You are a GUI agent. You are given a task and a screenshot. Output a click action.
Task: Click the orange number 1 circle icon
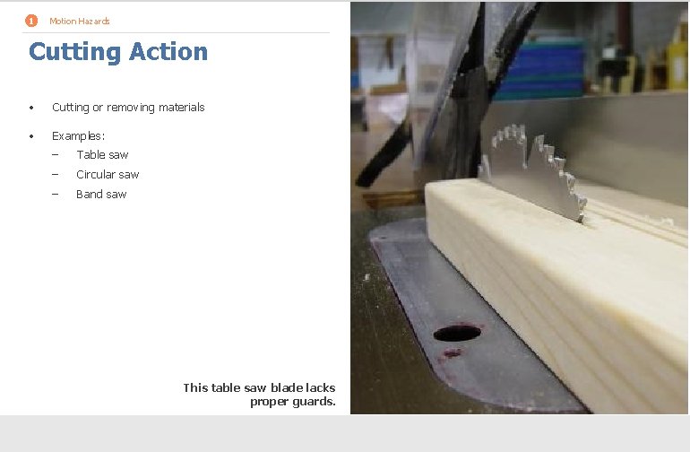(x=31, y=21)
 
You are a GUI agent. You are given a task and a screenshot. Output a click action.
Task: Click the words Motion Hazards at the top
(x=80, y=21)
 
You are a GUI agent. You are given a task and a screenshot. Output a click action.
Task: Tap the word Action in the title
(x=168, y=52)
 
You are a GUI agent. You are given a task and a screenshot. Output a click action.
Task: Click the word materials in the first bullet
(x=182, y=108)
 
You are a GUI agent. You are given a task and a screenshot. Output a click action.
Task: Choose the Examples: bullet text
(x=78, y=135)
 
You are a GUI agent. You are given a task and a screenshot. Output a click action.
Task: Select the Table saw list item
(x=102, y=155)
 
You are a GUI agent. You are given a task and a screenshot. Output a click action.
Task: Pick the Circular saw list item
(x=108, y=175)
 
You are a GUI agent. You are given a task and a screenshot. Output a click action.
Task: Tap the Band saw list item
(x=101, y=195)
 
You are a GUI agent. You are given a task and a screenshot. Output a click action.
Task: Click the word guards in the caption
(x=315, y=402)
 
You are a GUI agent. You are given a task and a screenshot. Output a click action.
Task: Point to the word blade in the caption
(x=286, y=388)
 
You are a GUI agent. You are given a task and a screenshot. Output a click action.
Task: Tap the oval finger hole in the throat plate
(x=457, y=334)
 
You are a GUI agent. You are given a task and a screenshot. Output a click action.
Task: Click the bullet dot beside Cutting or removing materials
(x=31, y=108)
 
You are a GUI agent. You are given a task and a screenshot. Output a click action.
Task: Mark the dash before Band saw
(x=55, y=195)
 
